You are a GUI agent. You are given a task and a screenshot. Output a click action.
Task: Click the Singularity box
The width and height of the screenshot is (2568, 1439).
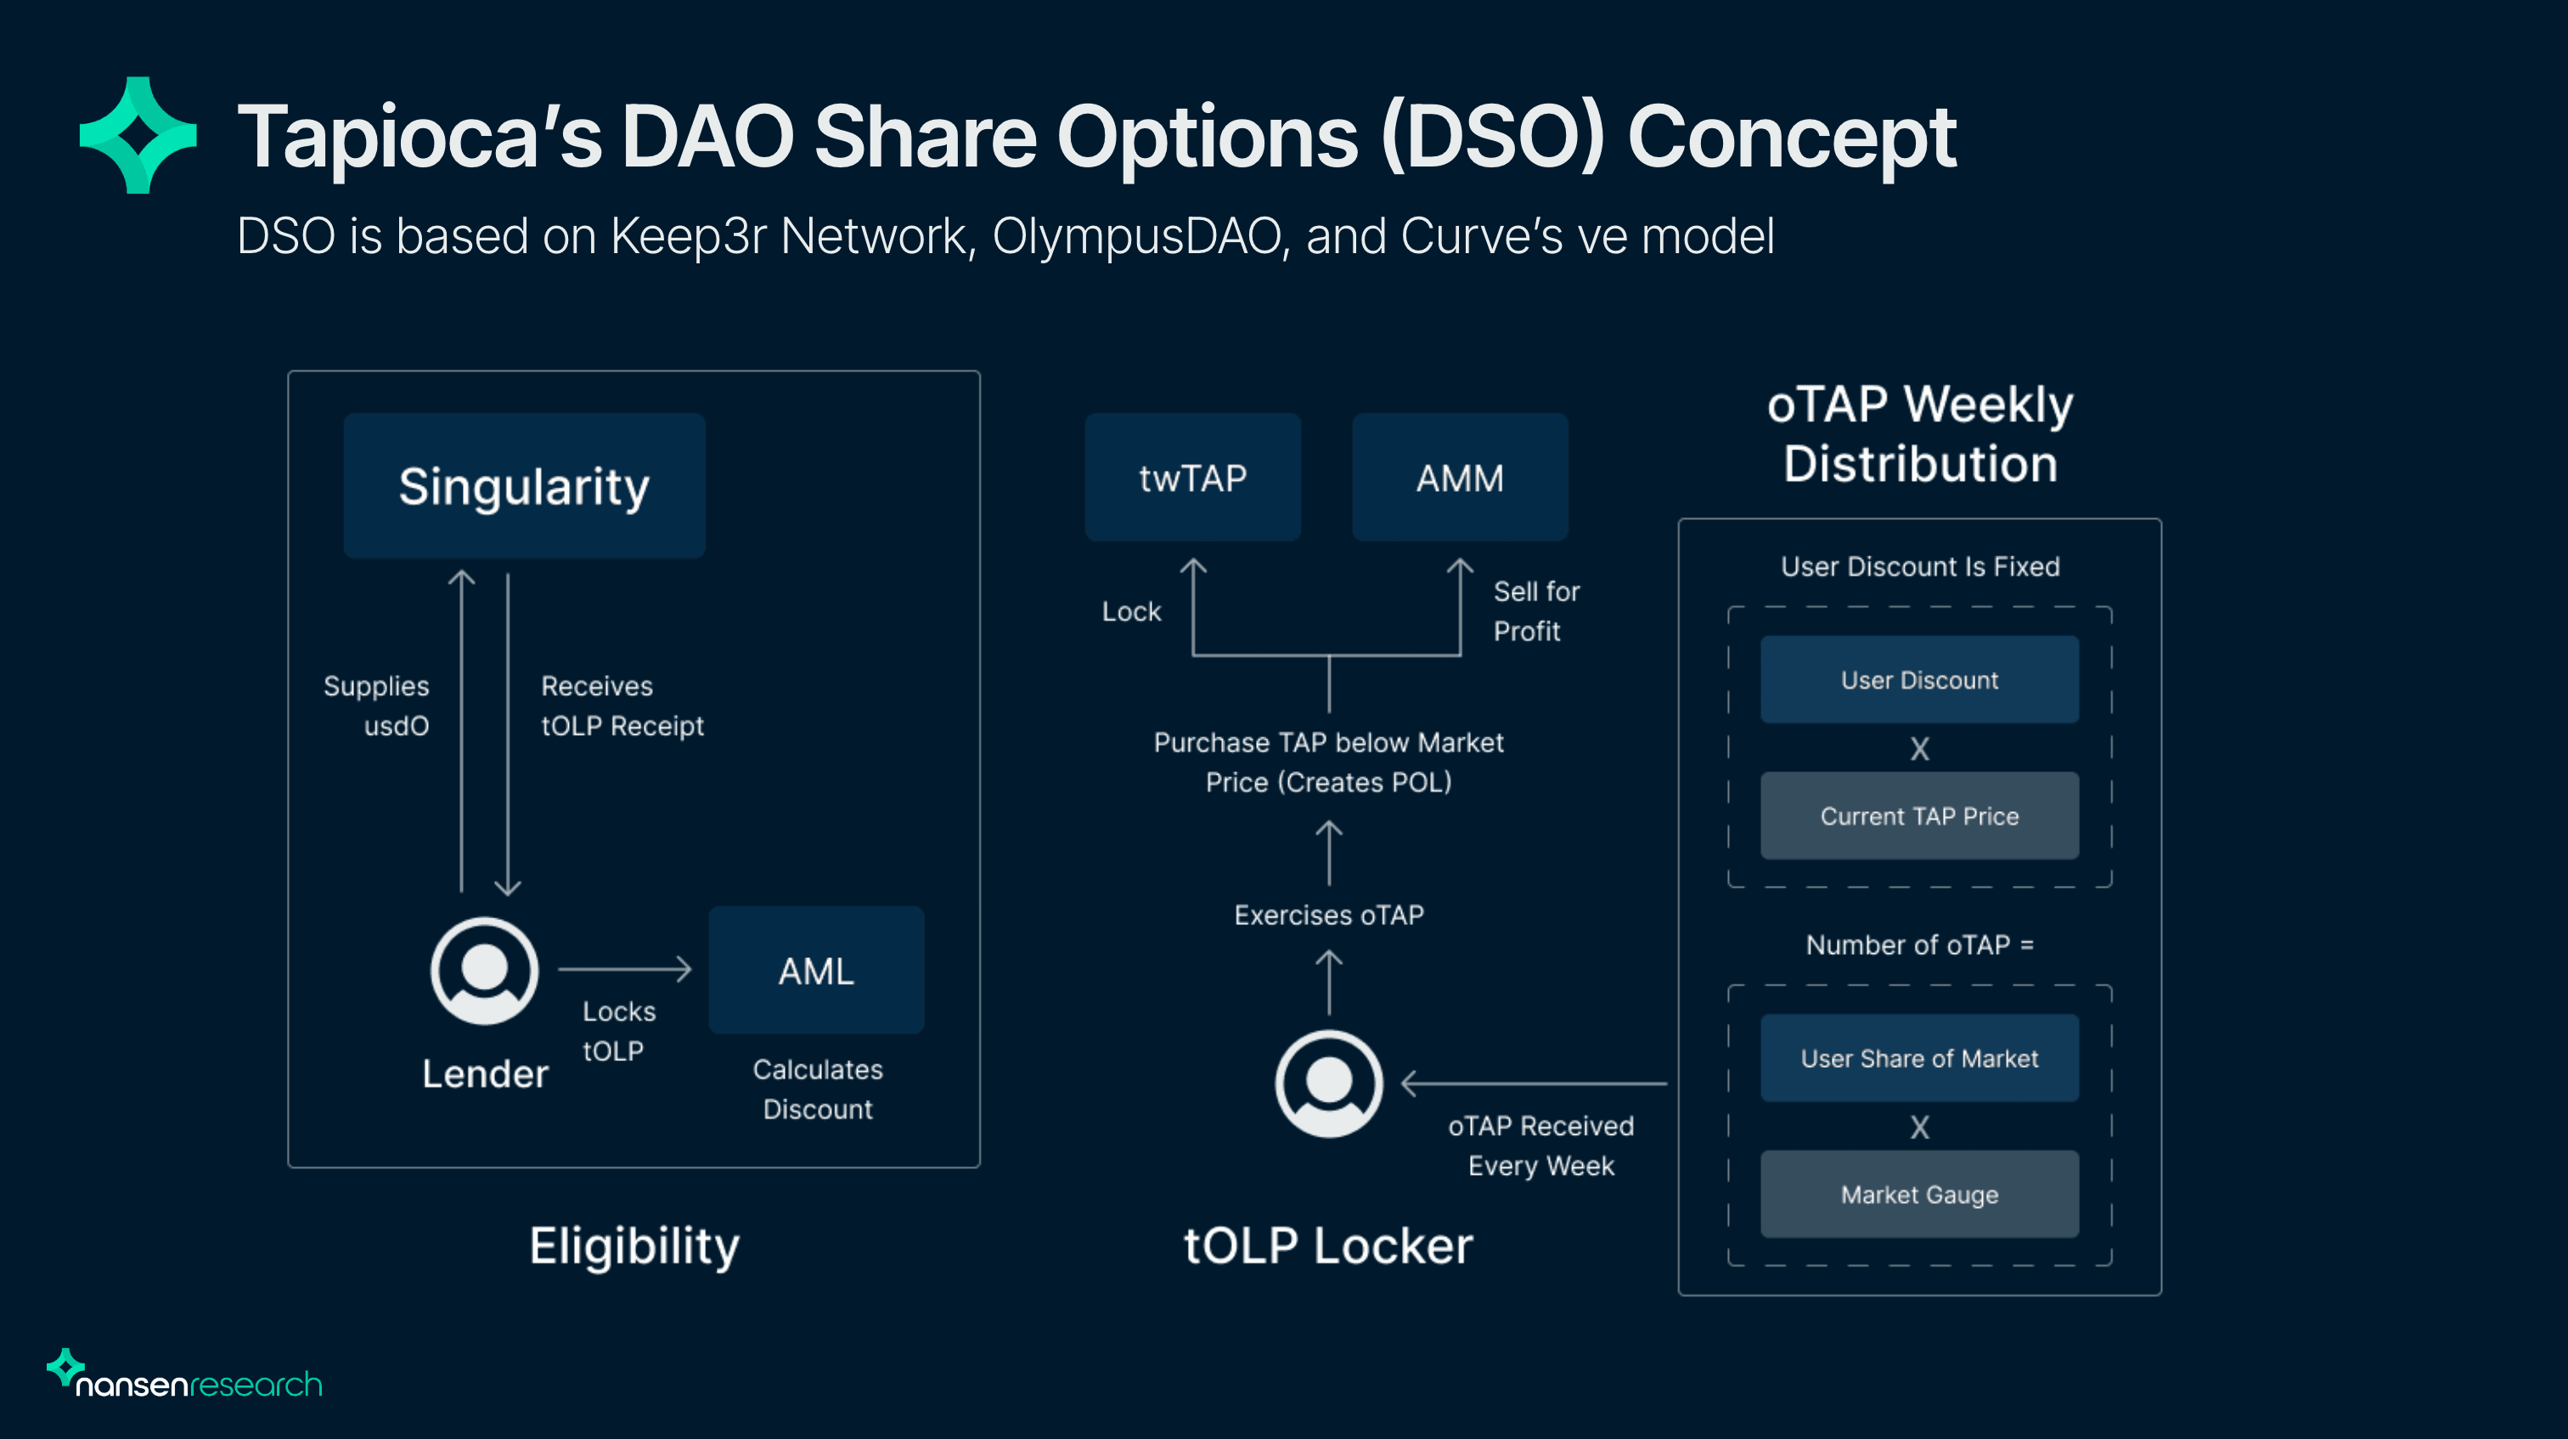tap(524, 486)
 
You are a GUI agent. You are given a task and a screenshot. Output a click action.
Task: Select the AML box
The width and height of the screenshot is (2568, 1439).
tap(815, 970)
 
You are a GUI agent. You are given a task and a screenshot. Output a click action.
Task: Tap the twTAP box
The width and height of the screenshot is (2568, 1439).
tap(1192, 477)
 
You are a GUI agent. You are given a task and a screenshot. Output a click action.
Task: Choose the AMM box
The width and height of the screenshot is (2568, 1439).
tap(1460, 477)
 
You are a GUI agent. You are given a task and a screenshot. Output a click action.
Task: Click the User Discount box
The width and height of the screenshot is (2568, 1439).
tap(1919, 680)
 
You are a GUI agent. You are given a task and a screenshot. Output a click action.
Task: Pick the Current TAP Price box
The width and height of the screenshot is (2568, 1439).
tap(1919, 815)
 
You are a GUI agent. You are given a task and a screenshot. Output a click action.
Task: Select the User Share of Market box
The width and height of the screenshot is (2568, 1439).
tap(1919, 1058)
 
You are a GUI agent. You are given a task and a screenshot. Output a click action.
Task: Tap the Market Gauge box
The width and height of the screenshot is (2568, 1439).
tap(1919, 1194)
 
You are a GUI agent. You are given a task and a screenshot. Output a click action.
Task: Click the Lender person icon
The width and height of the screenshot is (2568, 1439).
tap(485, 970)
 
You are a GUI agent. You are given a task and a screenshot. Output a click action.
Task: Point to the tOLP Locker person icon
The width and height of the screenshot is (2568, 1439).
tap(1328, 1083)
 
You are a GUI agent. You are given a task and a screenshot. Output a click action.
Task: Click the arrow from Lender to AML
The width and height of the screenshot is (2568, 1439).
tap(625, 968)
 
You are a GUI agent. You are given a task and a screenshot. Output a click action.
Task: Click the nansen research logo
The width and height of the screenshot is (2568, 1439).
tap(185, 1376)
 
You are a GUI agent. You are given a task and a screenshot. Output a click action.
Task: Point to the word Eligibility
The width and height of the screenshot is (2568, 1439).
tap(634, 1245)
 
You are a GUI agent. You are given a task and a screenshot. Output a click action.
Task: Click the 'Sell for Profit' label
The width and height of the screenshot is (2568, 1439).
tap(1535, 612)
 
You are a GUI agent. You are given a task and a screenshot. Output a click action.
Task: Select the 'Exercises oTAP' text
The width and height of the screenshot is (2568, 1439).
tap(1328, 915)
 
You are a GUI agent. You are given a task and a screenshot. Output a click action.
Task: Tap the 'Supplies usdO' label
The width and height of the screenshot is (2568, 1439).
tap(377, 705)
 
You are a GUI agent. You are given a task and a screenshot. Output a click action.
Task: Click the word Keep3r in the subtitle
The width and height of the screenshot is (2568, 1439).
tap(688, 236)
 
